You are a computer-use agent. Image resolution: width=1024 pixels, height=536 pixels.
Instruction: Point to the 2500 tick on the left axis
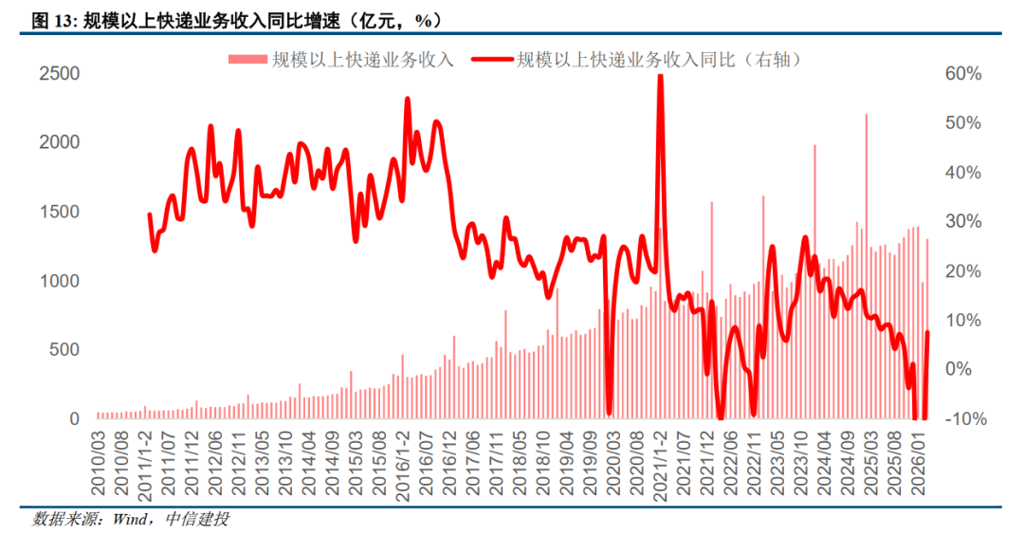coord(59,73)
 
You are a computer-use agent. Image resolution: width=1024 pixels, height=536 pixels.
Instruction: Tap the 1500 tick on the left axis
coord(59,212)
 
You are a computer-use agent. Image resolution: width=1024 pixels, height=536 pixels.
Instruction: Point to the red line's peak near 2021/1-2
coord(660,76)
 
